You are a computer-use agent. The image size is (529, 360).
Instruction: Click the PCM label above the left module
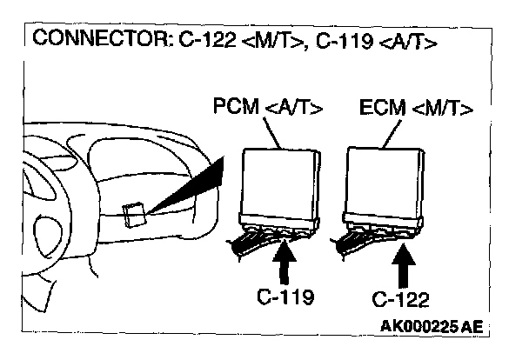(234, 109)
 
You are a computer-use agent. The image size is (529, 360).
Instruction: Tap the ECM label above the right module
(380, 109)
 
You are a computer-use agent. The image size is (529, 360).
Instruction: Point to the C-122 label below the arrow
(402, 300)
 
